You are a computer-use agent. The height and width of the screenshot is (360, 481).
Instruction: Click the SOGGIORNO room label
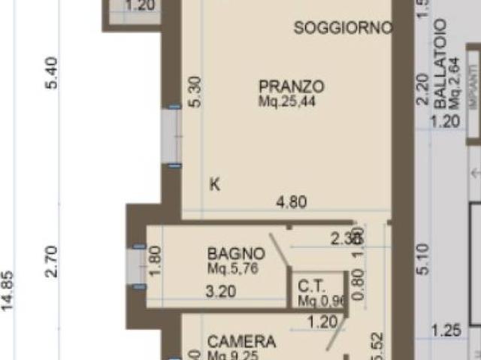[x=343, y=29]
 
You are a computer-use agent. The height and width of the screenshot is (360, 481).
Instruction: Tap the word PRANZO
[x=292, y=86]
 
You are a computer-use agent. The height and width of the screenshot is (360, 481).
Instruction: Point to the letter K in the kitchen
[x=215, y=184]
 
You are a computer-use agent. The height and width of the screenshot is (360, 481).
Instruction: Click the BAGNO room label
[x=236, y=253]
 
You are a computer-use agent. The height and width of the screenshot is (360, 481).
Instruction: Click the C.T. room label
[x=311, y=286]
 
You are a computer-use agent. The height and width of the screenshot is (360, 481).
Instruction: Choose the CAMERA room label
[x=241, y=342]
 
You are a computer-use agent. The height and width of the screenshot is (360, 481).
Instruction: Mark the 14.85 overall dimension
[x=9, y=290]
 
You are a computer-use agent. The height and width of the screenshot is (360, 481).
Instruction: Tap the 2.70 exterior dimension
[x=52, y=261]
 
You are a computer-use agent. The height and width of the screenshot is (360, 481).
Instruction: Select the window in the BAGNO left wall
[x=138, y=266]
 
